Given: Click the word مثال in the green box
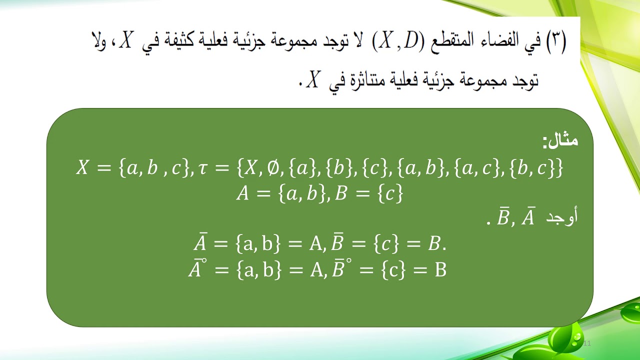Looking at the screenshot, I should click(x=560, y=141).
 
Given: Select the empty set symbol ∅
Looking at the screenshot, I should click(x=271, y=168).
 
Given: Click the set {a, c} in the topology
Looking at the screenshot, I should click(x=477, y=168).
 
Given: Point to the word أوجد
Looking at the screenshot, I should click(x=563, y=218).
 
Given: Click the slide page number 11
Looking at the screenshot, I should click(x=587, y=343).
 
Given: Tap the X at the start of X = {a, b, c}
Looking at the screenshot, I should click(x=82, y=168).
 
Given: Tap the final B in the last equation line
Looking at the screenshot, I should click(x=440, y=270).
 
